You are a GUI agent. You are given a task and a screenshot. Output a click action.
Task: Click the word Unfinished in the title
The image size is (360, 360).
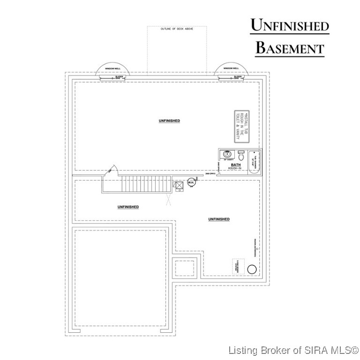coord(290,26)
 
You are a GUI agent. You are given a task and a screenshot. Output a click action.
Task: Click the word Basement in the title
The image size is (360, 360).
coord(290,47)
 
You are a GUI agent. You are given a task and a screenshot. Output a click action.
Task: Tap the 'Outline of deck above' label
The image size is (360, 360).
coord(177,29)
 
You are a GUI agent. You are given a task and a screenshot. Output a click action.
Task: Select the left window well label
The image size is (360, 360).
coord(113,69)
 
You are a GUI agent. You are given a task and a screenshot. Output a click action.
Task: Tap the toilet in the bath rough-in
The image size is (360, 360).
coord(241,155)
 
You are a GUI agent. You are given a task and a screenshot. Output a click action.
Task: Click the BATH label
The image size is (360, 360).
coord(235,165)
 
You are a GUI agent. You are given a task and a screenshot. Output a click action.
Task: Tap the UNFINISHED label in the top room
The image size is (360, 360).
coord(169,121)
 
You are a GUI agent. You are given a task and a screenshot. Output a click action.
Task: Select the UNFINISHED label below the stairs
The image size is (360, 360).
coord(127,207)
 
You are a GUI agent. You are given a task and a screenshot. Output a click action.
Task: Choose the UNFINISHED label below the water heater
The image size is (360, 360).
coord(219,219)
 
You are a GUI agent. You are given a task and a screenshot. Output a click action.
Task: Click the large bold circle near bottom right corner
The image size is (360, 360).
coord(252,269)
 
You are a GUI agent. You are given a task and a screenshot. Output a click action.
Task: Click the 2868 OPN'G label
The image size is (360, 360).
coord(210,174)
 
